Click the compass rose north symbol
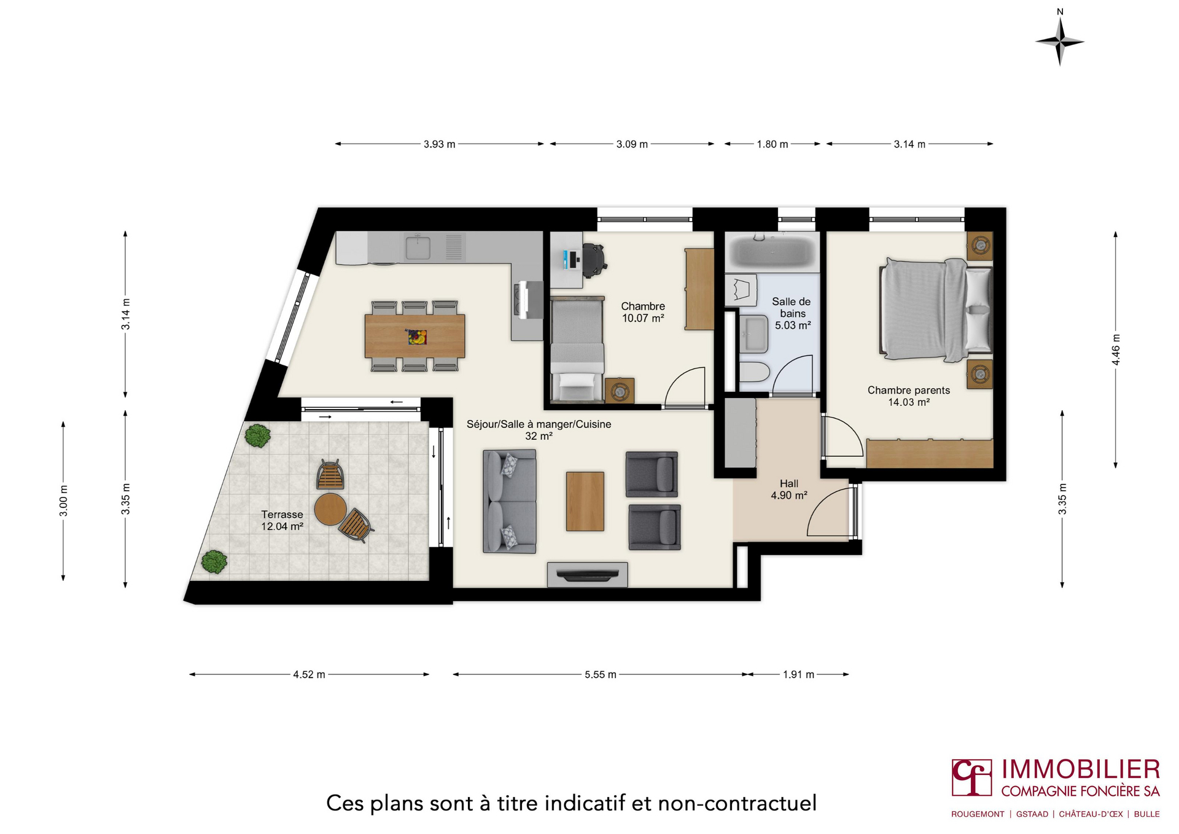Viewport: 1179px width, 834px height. (1059, 40)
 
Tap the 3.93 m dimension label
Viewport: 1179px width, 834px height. (439, 144)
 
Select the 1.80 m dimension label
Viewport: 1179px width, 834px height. (772, 144)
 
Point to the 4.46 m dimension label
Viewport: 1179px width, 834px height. (1116, 349)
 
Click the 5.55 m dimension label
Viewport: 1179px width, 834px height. (600, 674)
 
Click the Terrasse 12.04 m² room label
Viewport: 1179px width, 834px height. (282, 520)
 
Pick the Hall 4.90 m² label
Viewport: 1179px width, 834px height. (788, 489)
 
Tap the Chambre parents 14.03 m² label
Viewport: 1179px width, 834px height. (908, 396)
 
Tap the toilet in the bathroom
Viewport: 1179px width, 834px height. (754, 372)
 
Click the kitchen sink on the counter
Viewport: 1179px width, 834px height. (418, 247)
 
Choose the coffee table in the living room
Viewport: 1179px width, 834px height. (585, 501)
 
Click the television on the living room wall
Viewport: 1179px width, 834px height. (587, 575)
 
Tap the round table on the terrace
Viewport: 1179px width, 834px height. (330, 509)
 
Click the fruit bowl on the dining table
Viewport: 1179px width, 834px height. (416, 337)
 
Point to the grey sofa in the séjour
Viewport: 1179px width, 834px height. (509, 501)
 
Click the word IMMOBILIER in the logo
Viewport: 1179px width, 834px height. (1080, 770)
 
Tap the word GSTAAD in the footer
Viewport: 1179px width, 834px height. (1032, 814)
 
